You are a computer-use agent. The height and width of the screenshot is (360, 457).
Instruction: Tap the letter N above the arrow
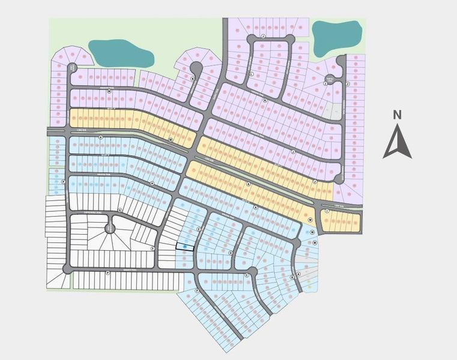[397, 114]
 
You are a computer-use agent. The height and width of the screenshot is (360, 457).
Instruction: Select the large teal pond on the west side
[120, 53]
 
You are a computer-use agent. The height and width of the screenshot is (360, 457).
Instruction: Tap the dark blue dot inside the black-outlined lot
[185, 247]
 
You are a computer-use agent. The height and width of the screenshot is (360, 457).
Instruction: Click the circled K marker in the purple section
[265, 100]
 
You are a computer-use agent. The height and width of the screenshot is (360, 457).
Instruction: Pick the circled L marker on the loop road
[251, 74]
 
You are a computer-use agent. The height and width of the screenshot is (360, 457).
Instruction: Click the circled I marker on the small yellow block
[327, 211]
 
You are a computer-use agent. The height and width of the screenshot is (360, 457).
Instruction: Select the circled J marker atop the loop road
[264, 36]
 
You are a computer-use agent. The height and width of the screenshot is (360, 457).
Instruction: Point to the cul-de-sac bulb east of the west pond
[195, 67]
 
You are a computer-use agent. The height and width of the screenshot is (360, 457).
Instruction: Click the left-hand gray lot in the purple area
[328, 111]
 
